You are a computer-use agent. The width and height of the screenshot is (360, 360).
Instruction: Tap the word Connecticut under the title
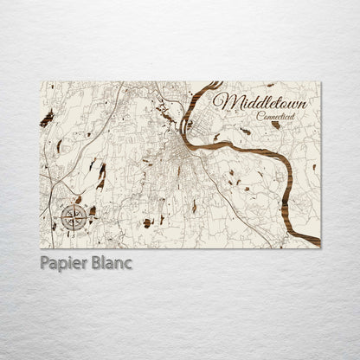[273, 117]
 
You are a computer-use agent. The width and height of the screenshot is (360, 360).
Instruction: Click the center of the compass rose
[72, 217]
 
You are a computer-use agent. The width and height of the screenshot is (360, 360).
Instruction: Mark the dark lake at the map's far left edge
[47, 118]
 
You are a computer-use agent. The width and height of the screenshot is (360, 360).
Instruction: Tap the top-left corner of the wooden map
[41, 82]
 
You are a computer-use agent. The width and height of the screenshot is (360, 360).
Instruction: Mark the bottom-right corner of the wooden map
[320, 247]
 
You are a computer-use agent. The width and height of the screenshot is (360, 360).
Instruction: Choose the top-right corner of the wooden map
[320, 82]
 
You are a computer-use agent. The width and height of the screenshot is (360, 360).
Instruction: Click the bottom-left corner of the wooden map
[41, 247]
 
